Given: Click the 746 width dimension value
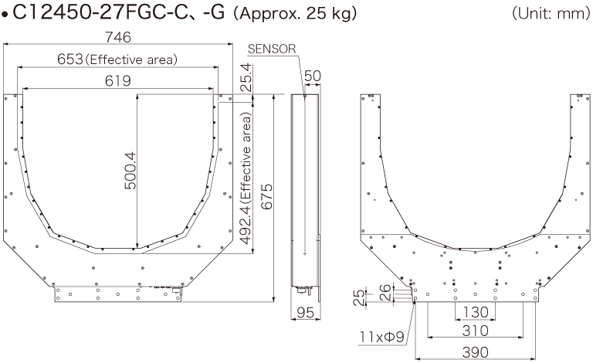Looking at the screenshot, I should coord(118,37).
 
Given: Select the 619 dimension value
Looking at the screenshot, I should coord(118,80).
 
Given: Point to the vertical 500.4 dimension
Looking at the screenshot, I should coord(130,171).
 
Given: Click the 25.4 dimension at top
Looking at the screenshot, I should coord(246,77).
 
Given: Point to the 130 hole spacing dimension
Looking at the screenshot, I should coord(473,313).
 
